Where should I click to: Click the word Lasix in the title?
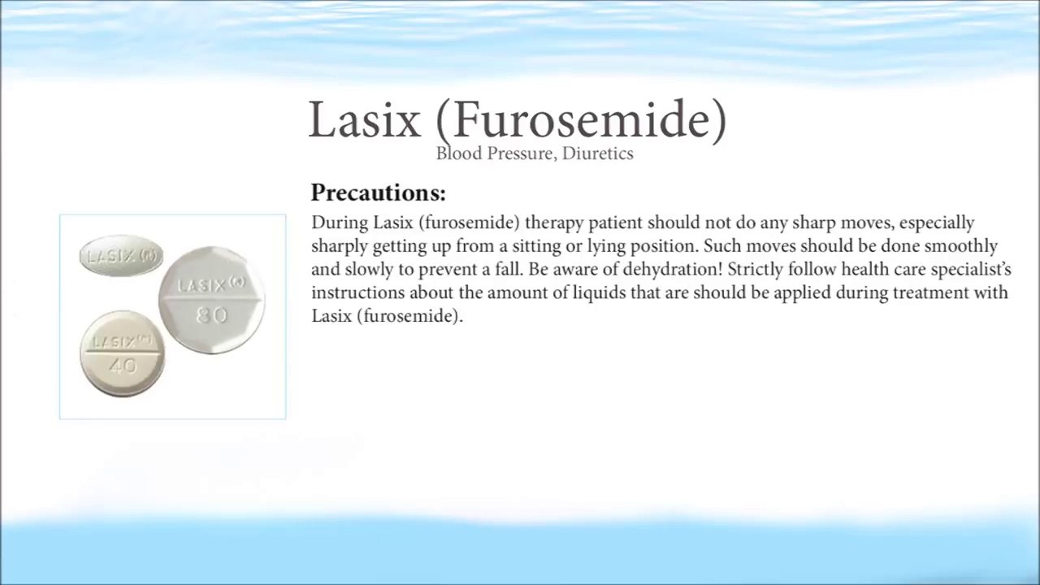pos(365,119)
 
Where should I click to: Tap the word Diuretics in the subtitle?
pos(597,154)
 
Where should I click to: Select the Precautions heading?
pos(379,193)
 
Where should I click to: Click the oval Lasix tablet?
pos(121,255)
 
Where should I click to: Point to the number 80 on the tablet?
pos(212,316)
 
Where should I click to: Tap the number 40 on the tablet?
pos(123,366)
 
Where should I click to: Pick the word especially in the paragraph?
pos(937,223)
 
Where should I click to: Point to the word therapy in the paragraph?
pos(554,223)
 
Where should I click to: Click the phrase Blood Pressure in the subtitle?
pos(496,154)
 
